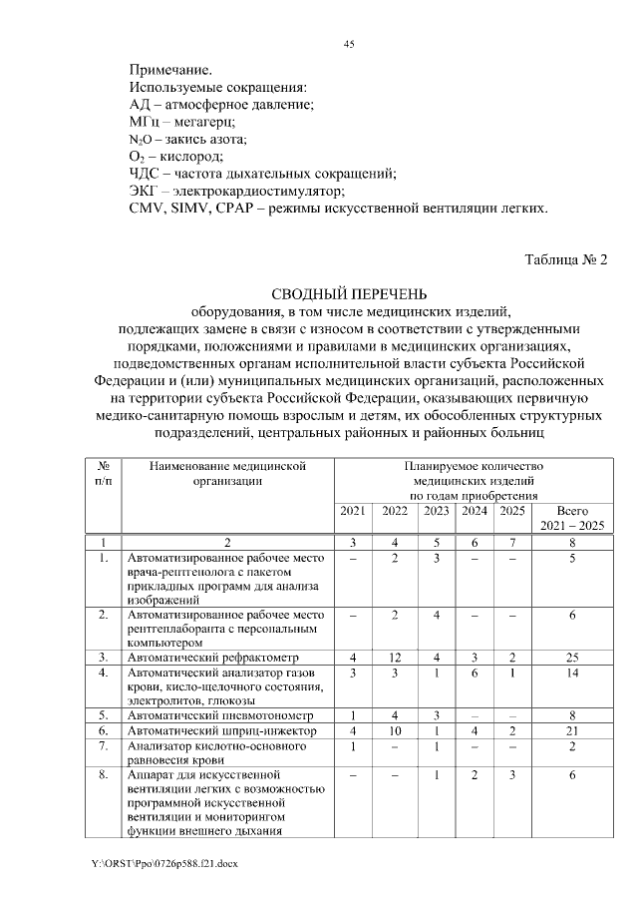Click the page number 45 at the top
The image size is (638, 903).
[349, 45]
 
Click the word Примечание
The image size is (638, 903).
[170, 71]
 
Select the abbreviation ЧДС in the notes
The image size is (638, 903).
[146, 174]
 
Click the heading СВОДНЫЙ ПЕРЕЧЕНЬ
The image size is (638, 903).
[349, 293]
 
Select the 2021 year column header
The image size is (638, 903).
[353, 511]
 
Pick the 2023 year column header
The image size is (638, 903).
[436, 511]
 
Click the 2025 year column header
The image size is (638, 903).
[511, 511]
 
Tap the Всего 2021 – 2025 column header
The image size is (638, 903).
[572, 518]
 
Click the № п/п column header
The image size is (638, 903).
[103, 472]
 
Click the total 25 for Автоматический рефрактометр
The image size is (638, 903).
[572, 658]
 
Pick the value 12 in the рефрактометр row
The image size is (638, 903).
[395, 658]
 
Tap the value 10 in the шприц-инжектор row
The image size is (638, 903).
[395, 731]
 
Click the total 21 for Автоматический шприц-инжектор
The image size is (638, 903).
[572, 731]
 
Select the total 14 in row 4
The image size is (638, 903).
[572, 674]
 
